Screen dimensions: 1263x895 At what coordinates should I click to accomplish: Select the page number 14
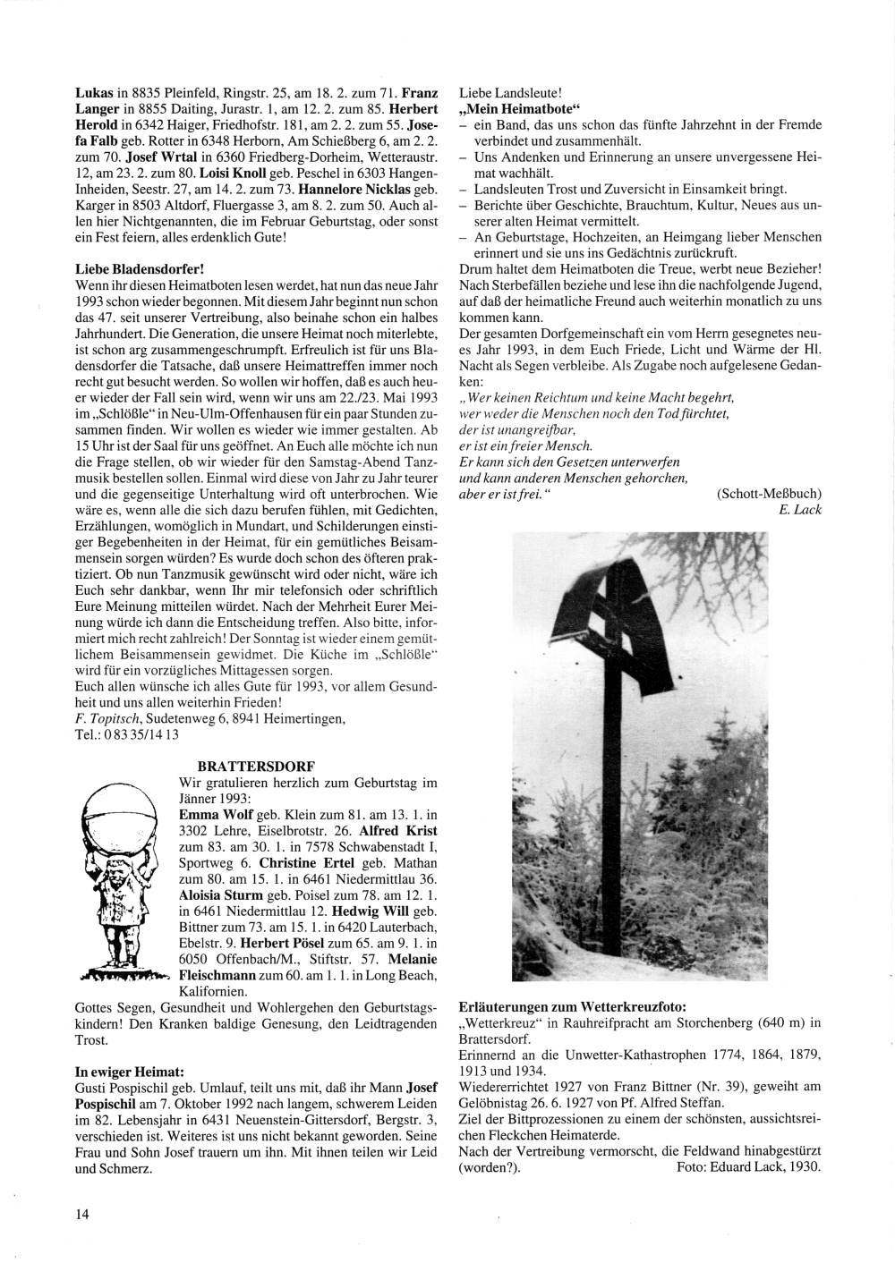[82, 1214]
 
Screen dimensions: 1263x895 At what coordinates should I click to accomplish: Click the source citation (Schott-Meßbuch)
[769, 494]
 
